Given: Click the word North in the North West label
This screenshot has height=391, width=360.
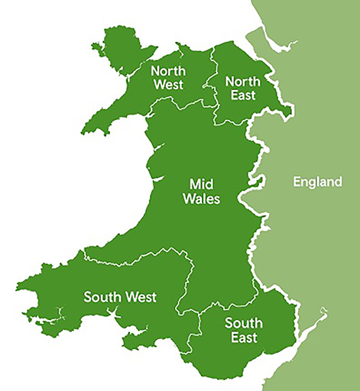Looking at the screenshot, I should (167, 70).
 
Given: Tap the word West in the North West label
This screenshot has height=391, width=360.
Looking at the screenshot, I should (167, 85).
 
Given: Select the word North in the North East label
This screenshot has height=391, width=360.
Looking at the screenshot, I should (243, 80).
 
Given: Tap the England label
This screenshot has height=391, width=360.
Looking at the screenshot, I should (316, 182).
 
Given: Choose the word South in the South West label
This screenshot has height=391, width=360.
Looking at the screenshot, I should (102, 297).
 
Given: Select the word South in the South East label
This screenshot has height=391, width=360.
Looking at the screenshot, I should (242, 323).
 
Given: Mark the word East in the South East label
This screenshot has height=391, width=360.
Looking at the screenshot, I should (242, 338).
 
